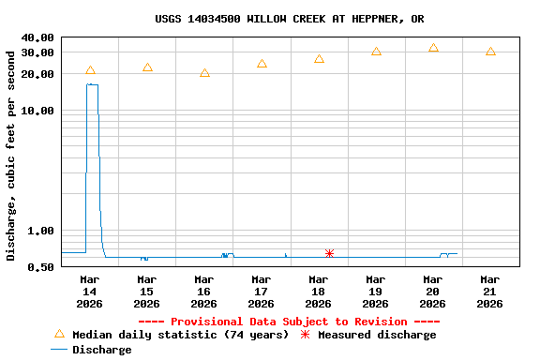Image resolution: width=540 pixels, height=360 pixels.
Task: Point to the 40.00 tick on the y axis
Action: pyautogui.click(x=39, y=37)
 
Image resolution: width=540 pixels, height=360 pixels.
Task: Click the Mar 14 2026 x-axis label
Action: pyautogui.click(x=90, y=291)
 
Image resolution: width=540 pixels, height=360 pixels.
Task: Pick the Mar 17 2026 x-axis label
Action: pyautogui.click(x=262, y=291)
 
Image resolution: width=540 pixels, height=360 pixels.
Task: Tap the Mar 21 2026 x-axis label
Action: pyautogui.click(x=489, y=291)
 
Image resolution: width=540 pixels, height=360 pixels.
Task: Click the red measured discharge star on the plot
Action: pyautogui.click(x=329, y=253)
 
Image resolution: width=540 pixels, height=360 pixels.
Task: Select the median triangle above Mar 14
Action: pyautogui.click(x=90, y=70)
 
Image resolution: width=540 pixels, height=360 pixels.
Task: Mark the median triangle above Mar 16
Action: pyautogui.click(x=204, y=73)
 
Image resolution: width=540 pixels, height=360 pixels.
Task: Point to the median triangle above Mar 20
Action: pyautogui.click(x=433, y=48)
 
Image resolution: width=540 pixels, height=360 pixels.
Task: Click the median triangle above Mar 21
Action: pyautogui.click(x=490, y=52)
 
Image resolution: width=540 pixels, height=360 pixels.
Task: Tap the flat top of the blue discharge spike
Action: pyautogui.click(x=92, y=84)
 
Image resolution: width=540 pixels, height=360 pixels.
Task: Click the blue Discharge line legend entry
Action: pyautogui.click(x=92, y=350)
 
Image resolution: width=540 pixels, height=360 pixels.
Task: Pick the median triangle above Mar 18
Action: pyautogui.click(x=319, y=59)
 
